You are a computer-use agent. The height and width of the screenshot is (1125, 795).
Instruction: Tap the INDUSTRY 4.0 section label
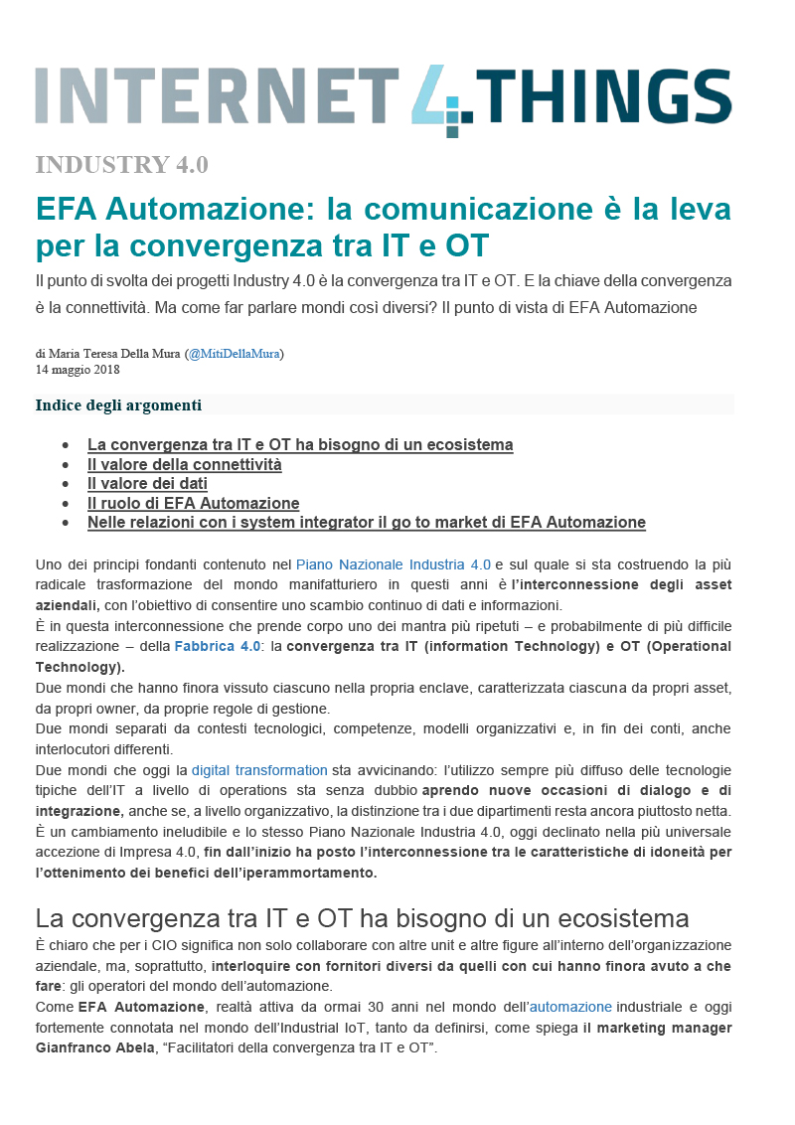click(x=121, y=165)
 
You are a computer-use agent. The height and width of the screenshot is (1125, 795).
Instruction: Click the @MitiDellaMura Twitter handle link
click(x=235, y=353)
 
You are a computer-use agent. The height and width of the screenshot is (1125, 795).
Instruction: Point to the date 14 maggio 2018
click(x=78, y=370)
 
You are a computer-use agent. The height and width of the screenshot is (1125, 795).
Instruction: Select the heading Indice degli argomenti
click(x=118, y=404)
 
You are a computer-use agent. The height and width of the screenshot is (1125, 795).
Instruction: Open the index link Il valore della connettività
click(x=184, y=464)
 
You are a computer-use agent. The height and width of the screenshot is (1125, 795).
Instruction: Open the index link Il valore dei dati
click(x=147, y=483)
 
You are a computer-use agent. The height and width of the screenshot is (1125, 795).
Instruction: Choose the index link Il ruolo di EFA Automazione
click(x=193, y=503)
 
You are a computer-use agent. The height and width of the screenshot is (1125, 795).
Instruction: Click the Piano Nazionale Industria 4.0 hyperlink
click(x=394, y=564)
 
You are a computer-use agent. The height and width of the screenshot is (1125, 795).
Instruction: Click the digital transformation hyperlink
click(x=259, y=769)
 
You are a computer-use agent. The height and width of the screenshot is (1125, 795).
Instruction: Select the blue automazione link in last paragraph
click(x=570, y=1007)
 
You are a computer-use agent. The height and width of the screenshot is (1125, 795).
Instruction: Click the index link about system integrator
click(x=366, y=522)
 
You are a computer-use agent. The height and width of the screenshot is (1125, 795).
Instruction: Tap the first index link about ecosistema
click(x=300, y=444)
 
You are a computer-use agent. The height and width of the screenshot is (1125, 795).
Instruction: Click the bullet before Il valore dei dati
click(x=66, y=484)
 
